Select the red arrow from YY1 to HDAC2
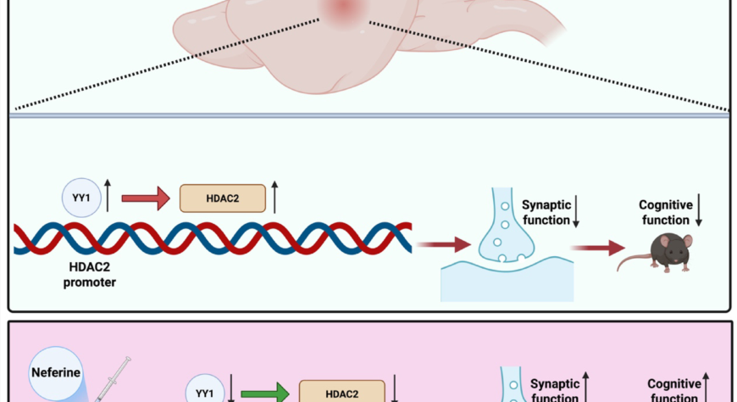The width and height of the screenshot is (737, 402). pos(145,198)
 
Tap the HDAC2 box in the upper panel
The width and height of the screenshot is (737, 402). pos(222,198)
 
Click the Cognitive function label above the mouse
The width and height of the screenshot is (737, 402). pos(666,213)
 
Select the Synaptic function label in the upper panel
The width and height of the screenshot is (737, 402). pos(547,213)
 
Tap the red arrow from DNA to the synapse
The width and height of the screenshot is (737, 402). pos(449,245)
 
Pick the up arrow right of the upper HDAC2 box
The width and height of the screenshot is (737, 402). pos(275,198)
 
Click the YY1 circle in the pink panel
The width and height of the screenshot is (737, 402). pos(203,393)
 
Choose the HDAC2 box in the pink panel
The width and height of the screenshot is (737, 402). pos(341,394)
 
